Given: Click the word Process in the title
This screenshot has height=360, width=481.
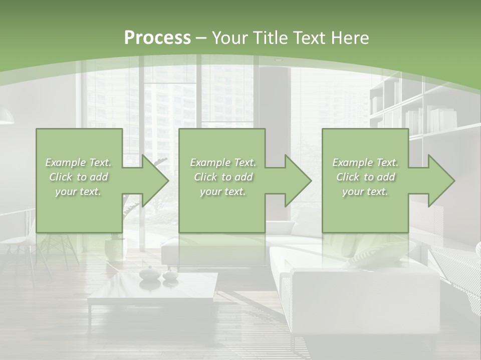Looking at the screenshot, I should point(157,37).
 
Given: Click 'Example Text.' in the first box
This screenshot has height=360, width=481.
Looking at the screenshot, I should point(78,162).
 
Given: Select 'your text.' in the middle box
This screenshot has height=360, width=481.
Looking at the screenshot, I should point(222,191).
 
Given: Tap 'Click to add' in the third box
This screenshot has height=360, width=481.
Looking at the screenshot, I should point(366,177).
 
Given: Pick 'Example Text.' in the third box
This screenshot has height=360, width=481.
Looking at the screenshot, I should point(366,162).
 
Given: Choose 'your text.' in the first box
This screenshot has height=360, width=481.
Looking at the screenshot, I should point(78,191).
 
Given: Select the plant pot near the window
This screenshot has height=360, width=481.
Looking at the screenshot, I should point(116,248).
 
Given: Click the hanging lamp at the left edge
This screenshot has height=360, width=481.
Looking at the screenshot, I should point(6,117).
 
